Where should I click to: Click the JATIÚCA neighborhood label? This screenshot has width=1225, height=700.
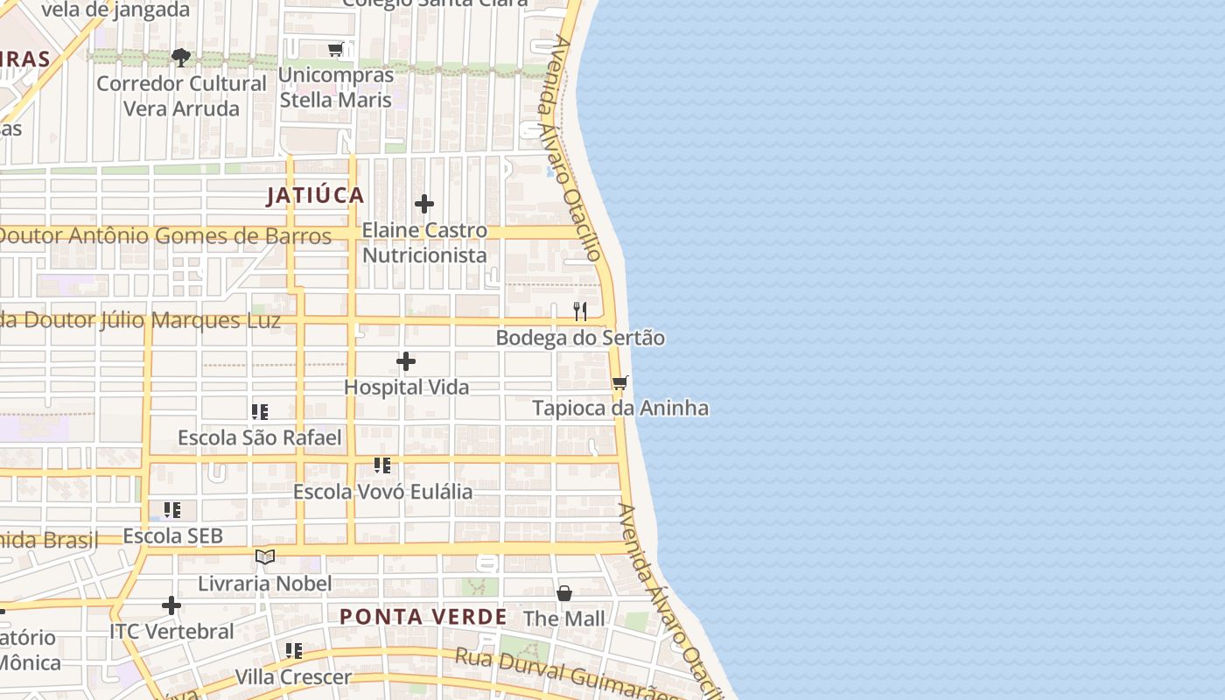[x=315, y=195]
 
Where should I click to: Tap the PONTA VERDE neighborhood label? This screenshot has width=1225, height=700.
[x=423, y=617]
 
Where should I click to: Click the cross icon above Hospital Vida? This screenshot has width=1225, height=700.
[x=406, y=360]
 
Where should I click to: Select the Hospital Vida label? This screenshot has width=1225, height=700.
[x=406, y=387]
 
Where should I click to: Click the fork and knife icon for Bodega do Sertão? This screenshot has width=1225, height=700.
[x=579, y=311]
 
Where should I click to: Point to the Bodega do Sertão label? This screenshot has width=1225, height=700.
[x=580, y=338]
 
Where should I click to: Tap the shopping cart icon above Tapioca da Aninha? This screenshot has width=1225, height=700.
[x=620, y=382]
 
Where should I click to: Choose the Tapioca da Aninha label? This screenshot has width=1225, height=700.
[x=620, y=409]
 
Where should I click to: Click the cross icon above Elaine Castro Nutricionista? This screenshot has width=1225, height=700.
[x=424, y=204]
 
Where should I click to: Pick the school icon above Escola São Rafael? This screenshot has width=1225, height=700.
[x=260, y=411]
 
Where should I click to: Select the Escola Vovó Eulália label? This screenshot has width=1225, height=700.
[x=382, y=492]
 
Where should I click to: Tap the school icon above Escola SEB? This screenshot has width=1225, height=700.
[x=172, y=509]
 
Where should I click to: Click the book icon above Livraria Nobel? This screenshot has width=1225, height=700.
[x=265, y=556]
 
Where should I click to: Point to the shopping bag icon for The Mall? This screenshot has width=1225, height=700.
[x=564, y=593]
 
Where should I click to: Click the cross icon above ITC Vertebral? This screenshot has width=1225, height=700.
[x=171, y=605]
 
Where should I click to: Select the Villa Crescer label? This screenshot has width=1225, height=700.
[x=293, y=677]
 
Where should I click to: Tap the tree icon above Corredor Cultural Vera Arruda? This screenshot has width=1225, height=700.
[x=181, y=58]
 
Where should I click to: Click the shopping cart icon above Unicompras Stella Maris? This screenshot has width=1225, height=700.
[x=335, y=49]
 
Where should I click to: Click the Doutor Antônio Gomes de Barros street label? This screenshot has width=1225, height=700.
[x=164, y=236]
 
